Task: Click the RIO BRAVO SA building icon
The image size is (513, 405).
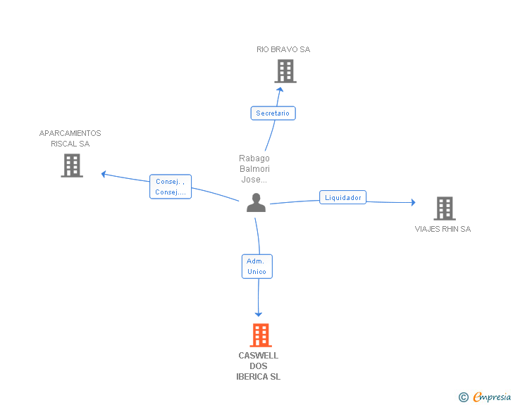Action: point(285,71)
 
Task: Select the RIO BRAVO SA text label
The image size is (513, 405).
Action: point(283,50)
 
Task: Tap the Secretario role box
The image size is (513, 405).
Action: point(273,113)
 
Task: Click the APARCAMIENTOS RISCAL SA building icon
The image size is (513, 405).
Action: point(72,166)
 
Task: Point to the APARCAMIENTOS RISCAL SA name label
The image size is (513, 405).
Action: point(70,139)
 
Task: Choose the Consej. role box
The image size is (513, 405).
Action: point(171,187)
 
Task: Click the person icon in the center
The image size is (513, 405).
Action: point(256,203)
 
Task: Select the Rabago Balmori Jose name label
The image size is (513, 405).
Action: point(255,169)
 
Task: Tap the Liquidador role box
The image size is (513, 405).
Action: point(343,198)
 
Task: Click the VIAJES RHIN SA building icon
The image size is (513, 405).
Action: point(444,208)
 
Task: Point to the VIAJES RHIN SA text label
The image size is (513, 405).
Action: point(443,229)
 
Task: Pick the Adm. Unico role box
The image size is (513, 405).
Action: point(256,266)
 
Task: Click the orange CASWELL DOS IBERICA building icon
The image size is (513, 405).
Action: point(261,335)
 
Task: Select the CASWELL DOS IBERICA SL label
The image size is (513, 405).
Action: point(258,366)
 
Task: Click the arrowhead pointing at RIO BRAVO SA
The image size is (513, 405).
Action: point(280,89)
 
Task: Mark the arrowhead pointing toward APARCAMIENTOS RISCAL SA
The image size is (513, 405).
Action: point(104,173)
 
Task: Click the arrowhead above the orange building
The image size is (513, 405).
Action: point(259,313)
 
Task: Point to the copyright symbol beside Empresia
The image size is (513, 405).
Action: point(464,398)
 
